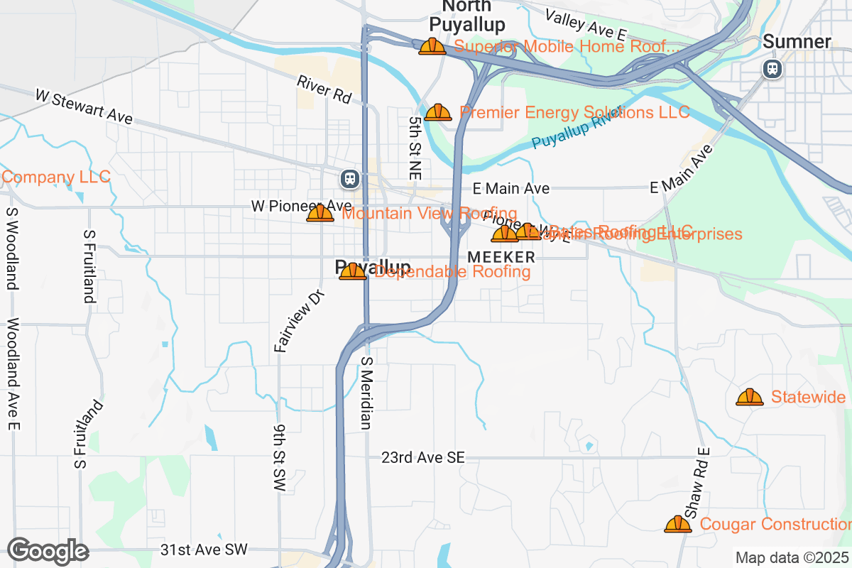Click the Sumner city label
pos(797,42)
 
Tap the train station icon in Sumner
pos(772,69)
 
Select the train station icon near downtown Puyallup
pos(349,178)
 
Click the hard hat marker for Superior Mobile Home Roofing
pos(432,47)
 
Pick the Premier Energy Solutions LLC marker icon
pos(438,112)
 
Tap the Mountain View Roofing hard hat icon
pos(320,213)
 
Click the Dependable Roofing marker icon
pos(353,271)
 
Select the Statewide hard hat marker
pos(749,397)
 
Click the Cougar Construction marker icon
pos(678,524)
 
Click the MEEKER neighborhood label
pos(502,256)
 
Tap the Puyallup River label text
pos(577,131)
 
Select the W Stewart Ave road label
pos(84,106)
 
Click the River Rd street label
pos(324,90)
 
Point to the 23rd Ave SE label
pos(422,458)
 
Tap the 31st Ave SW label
pos(204,550)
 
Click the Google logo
pos(48,550)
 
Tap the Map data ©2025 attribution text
pos(791,557)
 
